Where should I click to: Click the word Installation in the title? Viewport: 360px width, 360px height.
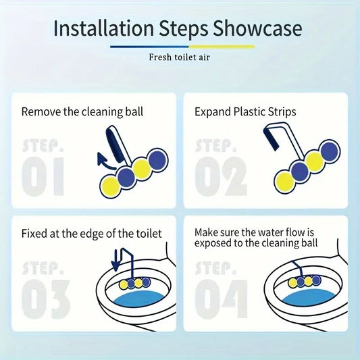tap(103, 28)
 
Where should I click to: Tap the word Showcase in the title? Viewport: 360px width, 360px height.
tap(257, 28)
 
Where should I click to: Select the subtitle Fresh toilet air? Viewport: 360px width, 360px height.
tap(179, 57)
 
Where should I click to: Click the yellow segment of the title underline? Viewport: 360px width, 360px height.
tap(222, 47)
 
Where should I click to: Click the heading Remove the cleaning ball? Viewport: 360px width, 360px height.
tap(82, 112)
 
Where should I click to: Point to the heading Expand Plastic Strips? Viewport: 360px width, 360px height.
tap(245, 112)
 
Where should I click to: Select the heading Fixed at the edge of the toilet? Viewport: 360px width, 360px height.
tap(91, 234)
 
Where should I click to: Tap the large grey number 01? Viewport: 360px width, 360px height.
tap(43, 176)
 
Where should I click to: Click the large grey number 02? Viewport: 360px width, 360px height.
tap(221, 176)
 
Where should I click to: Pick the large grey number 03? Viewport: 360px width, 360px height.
tap(46, 299)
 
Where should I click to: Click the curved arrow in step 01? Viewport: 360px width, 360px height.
tap(105, 162)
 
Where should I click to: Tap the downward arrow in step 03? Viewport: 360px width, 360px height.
tap(116, 260)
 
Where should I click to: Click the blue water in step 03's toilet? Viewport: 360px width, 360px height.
tap(139, 299)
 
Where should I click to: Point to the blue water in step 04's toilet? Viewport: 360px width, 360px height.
tap(309, 298)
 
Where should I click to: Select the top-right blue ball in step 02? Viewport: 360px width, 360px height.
tap(330, 150)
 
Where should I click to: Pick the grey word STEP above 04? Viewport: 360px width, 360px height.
tap(215, 267)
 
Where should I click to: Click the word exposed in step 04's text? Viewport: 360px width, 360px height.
tap(212, 243)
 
